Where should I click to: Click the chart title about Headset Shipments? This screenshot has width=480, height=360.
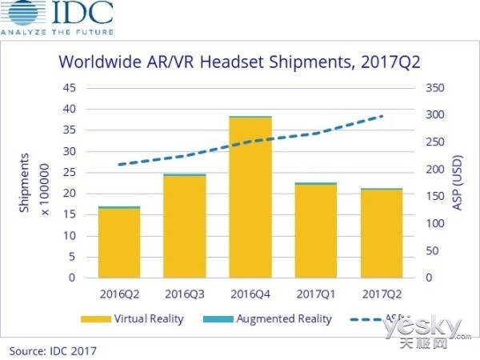pos(240,61)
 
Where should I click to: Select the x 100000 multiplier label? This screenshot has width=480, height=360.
pos(45,182)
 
